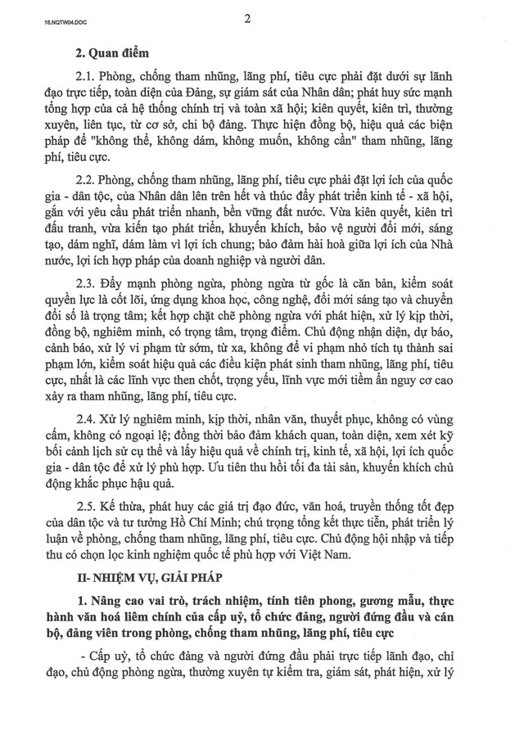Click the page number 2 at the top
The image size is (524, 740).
click(246, 20)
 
